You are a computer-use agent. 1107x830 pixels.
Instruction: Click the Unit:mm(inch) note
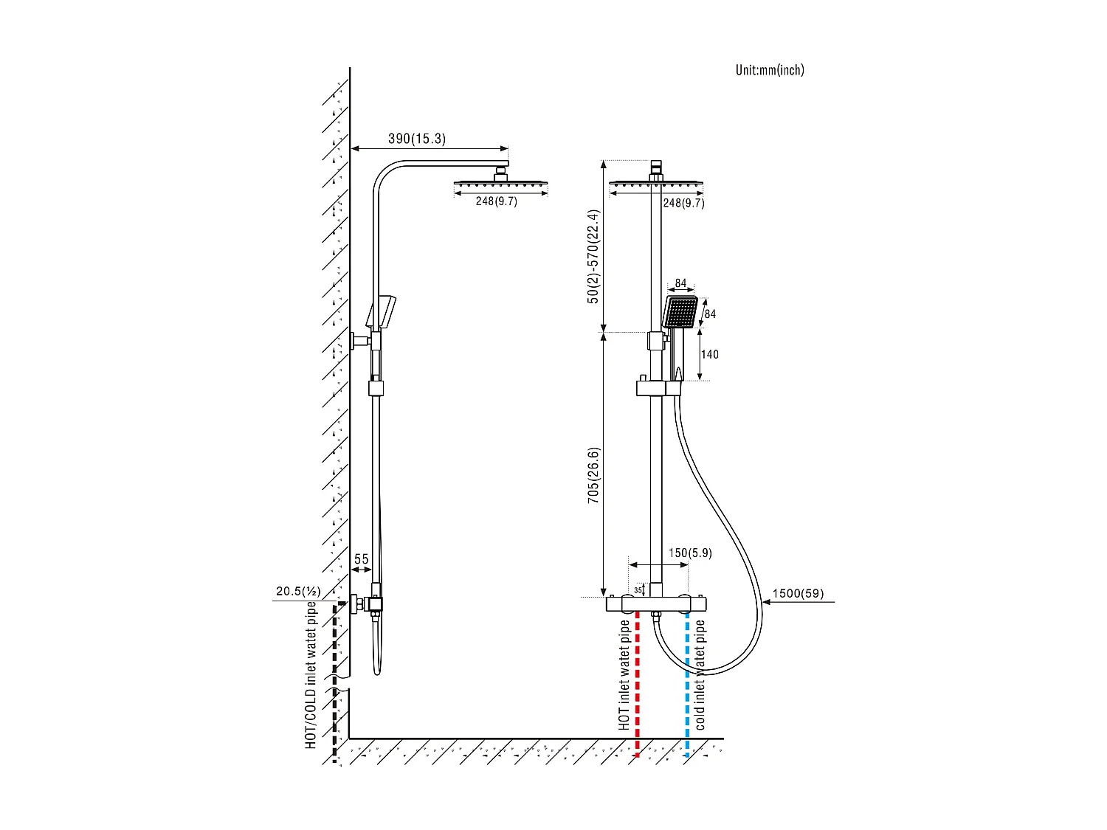point(770,70)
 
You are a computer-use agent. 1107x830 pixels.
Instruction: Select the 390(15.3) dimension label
point(417,139)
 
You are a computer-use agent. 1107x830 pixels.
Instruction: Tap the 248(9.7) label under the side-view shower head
point(496,201)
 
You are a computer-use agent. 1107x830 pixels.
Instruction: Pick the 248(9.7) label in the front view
point(683,203)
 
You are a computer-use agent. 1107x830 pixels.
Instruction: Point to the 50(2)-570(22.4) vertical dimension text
point(594,257)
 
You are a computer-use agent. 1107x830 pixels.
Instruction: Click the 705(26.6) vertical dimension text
point(594,475)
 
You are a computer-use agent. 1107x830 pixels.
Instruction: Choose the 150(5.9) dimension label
point(690,553)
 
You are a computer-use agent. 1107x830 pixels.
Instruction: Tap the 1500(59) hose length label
point(798,593)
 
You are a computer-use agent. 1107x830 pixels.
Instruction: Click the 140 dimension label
point(710,354)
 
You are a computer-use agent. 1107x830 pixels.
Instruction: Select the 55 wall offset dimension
point(361,559)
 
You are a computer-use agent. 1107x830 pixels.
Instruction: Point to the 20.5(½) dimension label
point(298,591)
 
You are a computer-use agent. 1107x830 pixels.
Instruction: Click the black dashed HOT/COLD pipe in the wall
point(336,679)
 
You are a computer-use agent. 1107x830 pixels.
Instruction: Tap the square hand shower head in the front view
point(680,312)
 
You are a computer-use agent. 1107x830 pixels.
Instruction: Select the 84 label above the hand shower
point(680,283)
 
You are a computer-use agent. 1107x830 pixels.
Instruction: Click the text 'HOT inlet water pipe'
point(624,675)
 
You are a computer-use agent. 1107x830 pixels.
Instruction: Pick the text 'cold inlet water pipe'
point(700,675)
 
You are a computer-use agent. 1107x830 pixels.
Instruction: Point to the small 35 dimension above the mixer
point(638,590)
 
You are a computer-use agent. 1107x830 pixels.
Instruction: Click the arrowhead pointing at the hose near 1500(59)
point(767,602)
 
